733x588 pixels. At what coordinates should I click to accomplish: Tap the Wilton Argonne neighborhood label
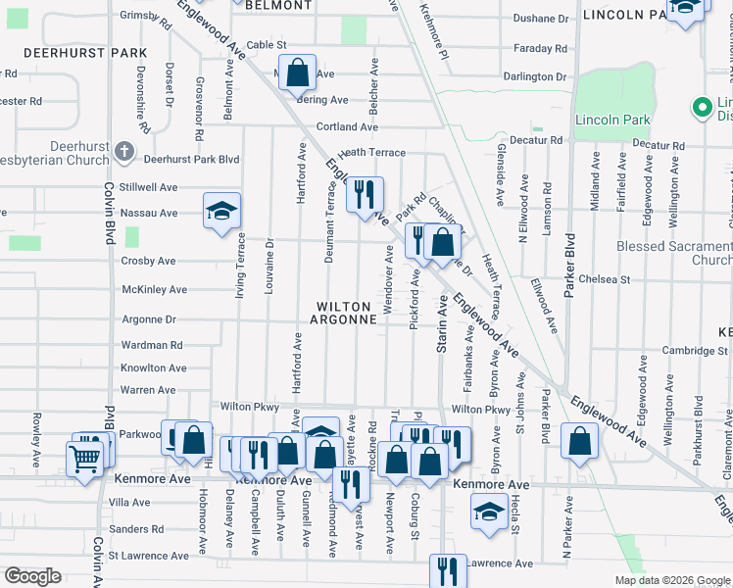(x=344, y=313)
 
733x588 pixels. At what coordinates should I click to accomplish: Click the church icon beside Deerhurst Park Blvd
(x=123, y=152)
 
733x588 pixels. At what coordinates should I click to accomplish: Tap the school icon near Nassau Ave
(x=222, y=210)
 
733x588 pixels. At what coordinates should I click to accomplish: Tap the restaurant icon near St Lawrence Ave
(x=448, y=569)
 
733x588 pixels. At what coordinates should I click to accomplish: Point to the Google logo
(x=32, y=576)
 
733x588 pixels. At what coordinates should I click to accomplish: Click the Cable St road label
(x=267, y=45)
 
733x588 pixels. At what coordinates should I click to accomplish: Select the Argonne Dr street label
(x=149, y=319)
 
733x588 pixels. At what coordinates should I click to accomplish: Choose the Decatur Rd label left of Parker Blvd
(x=541, y=140)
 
